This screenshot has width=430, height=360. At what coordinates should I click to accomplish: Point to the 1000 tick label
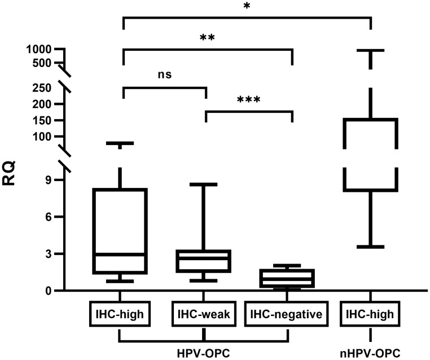[38, 49]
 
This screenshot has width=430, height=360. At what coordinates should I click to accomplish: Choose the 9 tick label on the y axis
[49, 180]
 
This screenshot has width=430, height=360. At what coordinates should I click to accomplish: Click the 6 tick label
[49, 217]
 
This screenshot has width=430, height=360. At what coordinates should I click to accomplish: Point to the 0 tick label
[49, 291]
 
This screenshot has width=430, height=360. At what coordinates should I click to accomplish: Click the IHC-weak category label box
[203, 314]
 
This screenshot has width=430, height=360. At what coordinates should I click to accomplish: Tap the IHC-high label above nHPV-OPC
[370, 314]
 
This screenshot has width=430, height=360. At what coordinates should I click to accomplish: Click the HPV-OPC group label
[204, 353]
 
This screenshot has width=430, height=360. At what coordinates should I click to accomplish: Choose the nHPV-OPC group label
[370, 353]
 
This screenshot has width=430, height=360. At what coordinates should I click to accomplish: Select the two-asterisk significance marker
[207, 38]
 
